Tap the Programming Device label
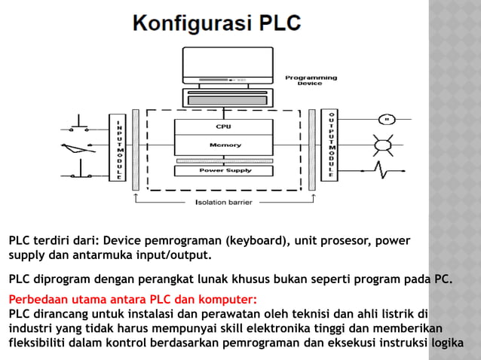[x=311, y=81]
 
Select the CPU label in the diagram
[x=223, y=127]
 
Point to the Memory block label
[x=225, y=145]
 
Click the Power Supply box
[x=225, y=170]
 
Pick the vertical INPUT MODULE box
[x=118, y=148]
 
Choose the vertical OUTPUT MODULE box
[x=329, y=145]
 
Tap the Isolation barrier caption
[x=223, y=203]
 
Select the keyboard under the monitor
[x=225, y=96]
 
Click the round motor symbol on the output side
[x=387, y=118]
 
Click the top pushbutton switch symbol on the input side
[x=80, y=121]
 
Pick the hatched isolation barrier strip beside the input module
[x=136, y=149]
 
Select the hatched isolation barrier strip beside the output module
[x=311, y=149]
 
